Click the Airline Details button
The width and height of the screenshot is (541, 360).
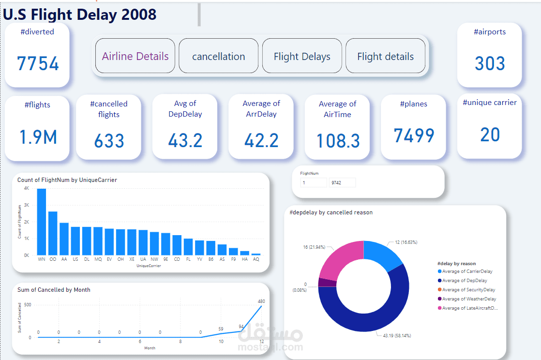[x=135, y=56]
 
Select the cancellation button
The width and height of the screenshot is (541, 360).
[x=218, y=56]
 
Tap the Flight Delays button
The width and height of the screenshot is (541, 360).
[x=302, y=56]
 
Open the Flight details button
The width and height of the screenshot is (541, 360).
[x=385, y=56]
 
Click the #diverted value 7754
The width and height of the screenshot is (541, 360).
[x=38, y=63]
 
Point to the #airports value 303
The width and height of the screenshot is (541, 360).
[x=490, y=63]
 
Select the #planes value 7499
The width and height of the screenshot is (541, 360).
[x=414, y=136]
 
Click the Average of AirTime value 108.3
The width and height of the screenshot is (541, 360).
[x=338, y=141]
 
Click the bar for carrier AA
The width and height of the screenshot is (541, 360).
[x=64, y=239]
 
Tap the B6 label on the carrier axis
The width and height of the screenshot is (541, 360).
[x=210, y=259]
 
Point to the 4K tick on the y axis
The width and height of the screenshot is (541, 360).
[x=27, y=188]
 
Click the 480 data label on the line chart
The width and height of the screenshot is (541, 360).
[x=261, y=301]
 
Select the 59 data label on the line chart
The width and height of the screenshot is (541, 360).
[x=221, y=329]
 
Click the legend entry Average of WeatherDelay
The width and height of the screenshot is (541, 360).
[x=469, y=299]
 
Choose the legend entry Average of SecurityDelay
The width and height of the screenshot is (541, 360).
[x=469, y=290]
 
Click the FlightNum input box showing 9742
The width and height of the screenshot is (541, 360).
[x=342, y=182]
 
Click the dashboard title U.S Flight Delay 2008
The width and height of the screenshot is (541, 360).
[x=80, y=14]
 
